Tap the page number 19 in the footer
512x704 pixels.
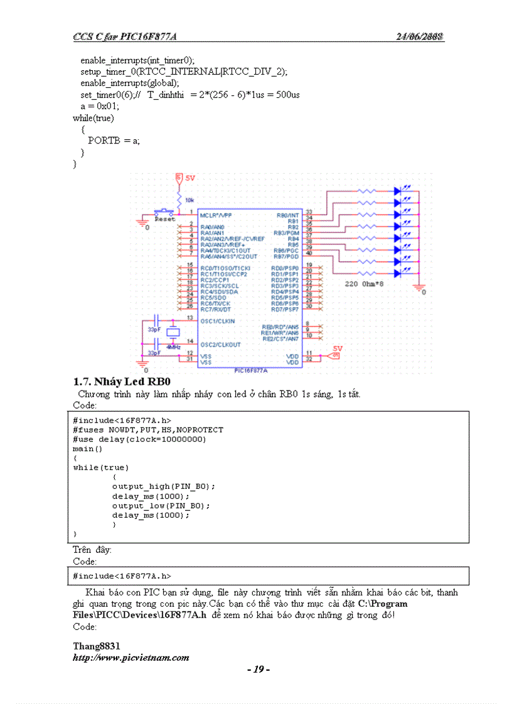(x=259, y=670)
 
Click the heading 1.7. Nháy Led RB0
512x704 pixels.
(x=122, y=382)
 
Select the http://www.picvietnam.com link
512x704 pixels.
(x=131, y=658)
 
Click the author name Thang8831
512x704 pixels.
(x=97, y=646)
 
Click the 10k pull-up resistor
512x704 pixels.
(x=179, y=199)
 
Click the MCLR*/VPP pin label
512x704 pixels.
(x=216, y=215)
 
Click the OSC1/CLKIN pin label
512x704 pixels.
(x=217, y=320)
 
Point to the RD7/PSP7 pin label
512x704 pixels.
(x=285, y=310)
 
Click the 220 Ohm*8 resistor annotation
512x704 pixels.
(x=365, y=284)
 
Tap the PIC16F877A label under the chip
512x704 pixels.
(x=250, y=370)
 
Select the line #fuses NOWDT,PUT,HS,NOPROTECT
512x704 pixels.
(x=147, y=430)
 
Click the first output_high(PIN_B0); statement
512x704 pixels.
(x=163, y=486)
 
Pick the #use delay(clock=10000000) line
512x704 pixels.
(x=139, y=439)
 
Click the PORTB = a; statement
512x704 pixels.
(x=114, y=140)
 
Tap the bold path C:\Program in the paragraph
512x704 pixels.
(x=383, y=604)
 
